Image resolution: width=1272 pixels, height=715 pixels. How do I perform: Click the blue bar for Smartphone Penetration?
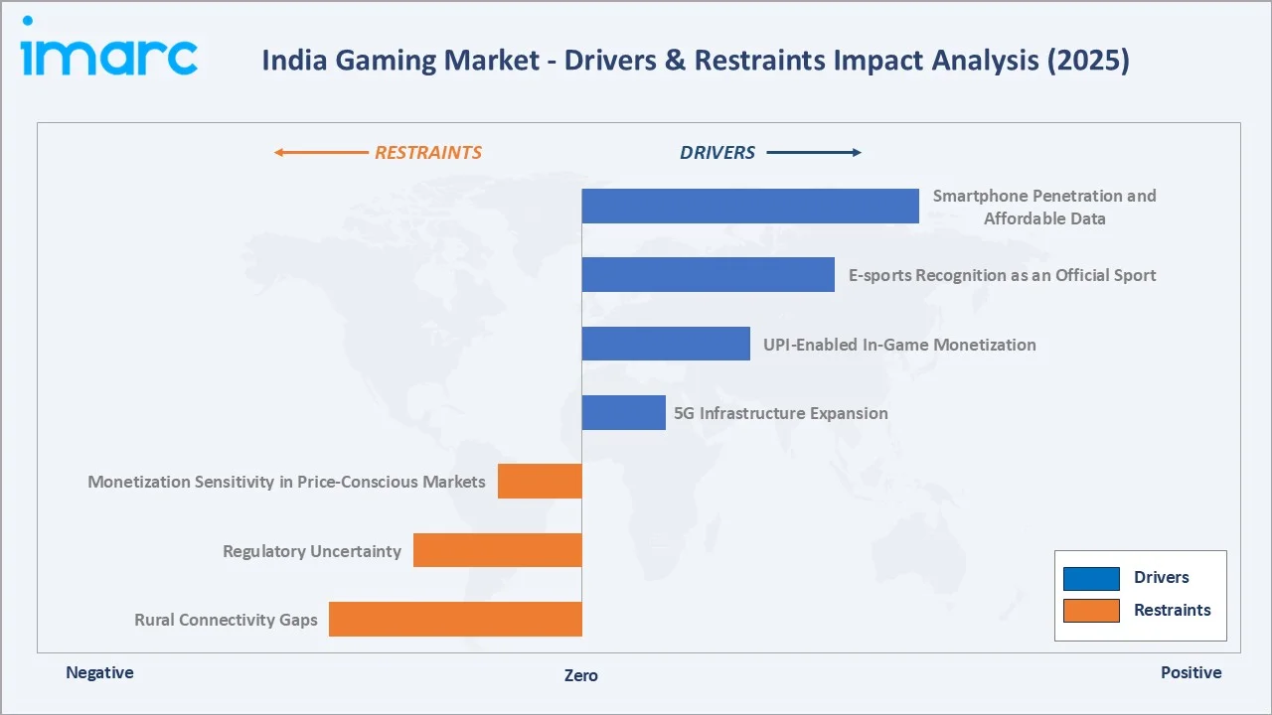(750, 206)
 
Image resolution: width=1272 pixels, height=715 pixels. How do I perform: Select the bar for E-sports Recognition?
(708, 274)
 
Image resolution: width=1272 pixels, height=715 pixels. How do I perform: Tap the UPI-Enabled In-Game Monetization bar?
(666, 344)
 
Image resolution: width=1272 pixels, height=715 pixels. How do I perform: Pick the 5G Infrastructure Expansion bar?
(623, 412)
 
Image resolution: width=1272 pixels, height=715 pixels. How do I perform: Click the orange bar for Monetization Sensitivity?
(540, 481)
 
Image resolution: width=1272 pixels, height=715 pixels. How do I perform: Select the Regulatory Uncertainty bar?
(497, 550)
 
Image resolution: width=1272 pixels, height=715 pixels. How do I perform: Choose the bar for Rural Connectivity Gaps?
(455, 619)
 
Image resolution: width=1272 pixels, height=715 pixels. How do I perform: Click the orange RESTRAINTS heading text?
(427, 153)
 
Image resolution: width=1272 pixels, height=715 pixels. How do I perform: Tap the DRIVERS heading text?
(717, 153)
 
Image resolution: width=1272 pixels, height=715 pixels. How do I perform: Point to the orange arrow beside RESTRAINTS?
(320, 153)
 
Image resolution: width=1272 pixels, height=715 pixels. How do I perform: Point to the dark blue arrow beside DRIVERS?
(814, 153)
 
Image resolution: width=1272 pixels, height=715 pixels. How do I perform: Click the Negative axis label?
(99, 672)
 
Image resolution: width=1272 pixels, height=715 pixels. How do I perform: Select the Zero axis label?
(581, 675)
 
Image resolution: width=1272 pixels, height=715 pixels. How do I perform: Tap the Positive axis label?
(1191, 672)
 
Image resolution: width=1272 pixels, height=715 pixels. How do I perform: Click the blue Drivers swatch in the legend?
(1091, 578)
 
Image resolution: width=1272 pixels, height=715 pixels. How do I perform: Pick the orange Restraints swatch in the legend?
(1091, 611)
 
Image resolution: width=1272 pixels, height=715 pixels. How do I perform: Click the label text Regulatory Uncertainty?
(312, 551)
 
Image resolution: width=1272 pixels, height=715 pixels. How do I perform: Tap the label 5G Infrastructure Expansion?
(781, 413)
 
